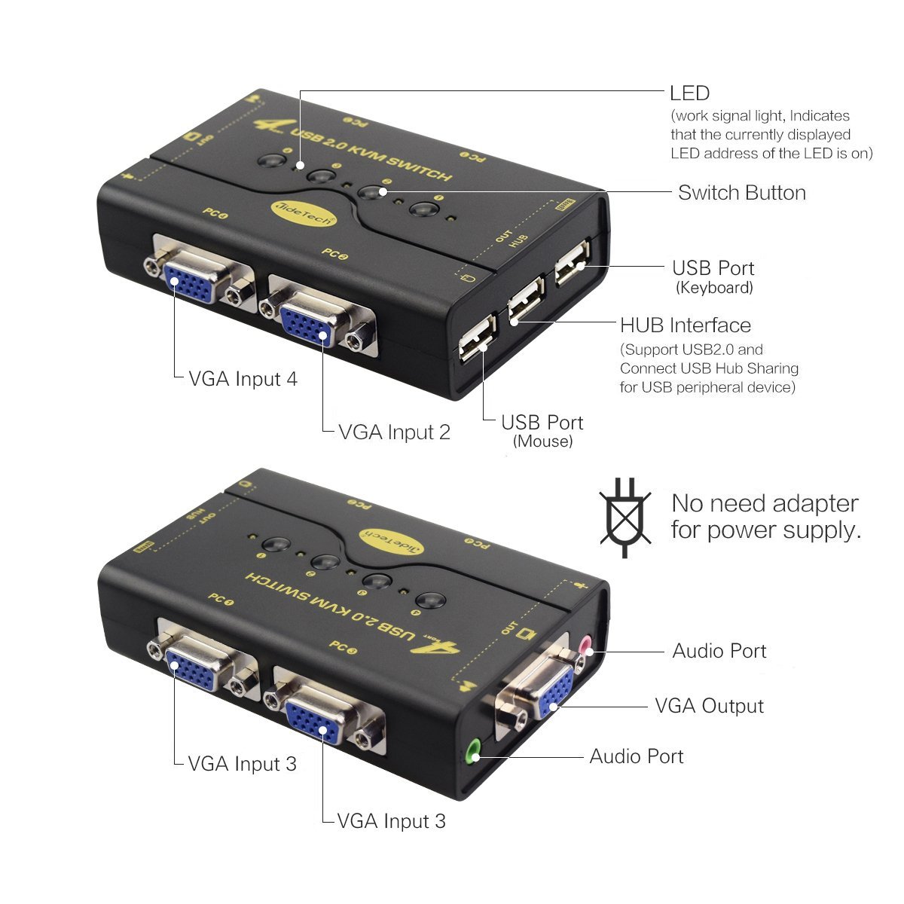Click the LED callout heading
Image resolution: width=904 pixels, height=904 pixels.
(689, 93)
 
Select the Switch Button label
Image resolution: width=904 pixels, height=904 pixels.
(741, 193)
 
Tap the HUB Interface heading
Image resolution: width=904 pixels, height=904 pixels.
(685, 325)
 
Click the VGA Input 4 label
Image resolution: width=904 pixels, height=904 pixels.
(243, 379)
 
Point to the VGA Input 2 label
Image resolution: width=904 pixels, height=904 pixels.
(394, 432)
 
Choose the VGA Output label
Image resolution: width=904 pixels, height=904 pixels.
(709, 707)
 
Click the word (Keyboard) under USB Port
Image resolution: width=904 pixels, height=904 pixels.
(713, 288)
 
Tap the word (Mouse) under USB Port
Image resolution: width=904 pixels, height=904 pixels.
(542, 441)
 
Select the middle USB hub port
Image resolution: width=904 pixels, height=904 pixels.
(524, 302)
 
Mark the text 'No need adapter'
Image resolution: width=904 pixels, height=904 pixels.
(764, 503)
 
